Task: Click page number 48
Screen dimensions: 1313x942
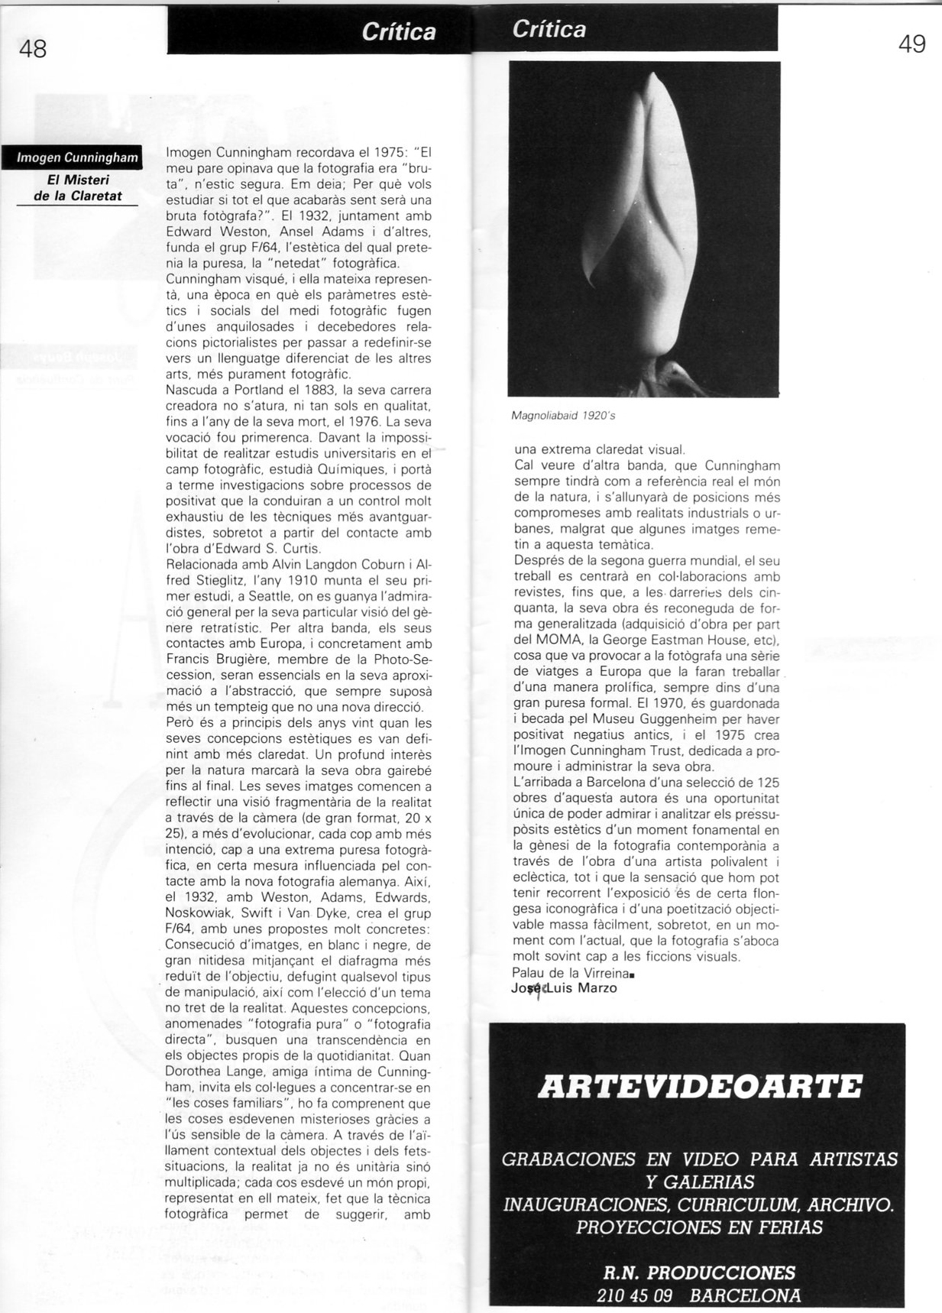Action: point(33,49)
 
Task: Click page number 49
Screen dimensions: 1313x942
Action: point(912,44)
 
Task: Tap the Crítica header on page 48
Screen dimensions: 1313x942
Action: point(398,32)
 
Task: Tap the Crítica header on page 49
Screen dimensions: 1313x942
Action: point(549,29)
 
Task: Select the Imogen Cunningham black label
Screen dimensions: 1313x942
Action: point(77,158)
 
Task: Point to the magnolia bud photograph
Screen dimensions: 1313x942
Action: point(644,229)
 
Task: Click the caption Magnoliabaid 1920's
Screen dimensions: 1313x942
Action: point(563,416)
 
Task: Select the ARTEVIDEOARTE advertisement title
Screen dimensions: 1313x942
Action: point(700,1087)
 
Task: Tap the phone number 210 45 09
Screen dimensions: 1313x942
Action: point(634,1295)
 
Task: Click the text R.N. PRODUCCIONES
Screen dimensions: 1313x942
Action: point(698,1272)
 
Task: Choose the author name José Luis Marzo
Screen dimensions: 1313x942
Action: point(564,988)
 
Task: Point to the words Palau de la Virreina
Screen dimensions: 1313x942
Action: point(571,973)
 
